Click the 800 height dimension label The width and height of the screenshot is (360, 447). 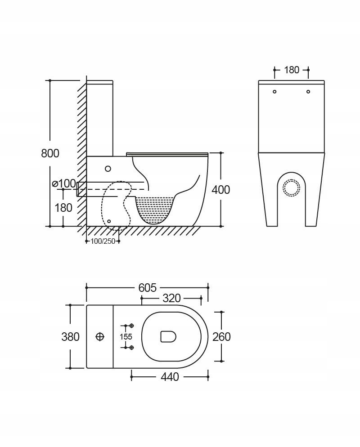(50, 153)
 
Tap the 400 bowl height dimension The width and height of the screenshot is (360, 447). (220, 190)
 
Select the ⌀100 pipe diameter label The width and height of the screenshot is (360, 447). (64, 183)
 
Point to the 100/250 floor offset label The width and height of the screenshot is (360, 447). (103, 241)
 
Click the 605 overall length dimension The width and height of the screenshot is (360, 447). (148, 288)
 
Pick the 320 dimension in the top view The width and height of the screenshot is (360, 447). (172, 298)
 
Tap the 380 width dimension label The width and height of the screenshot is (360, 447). (71, 337)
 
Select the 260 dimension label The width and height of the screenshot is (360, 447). (221, 337)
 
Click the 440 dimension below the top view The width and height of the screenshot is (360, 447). (170, 377)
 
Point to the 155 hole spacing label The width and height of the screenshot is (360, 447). (126, 337)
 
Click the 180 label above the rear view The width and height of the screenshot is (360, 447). (292, 70)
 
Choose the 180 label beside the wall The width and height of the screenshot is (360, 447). (63, 208)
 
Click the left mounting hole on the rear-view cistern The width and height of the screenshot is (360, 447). (274, 91)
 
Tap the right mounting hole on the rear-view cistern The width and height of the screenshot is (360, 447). (308, 91)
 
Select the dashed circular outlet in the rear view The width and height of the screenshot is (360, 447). (291, 187)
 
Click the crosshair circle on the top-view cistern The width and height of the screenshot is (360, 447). (100, 337)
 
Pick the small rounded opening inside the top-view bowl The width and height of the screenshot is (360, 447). (168, 336)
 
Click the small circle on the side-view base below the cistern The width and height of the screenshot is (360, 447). (108, 169)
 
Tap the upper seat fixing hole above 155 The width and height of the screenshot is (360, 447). (131, 326)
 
